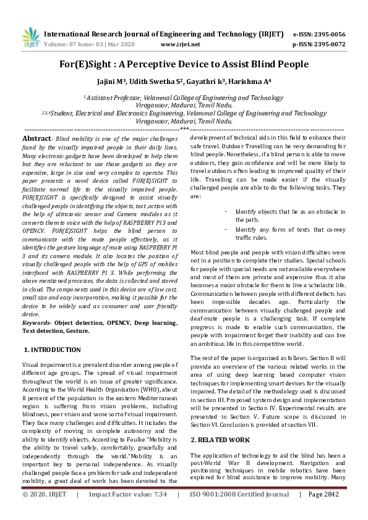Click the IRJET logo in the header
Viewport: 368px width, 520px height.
pyautogui.click(x=28, y=38)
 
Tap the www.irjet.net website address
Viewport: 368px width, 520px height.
pyautogui.click(x=180, y=44)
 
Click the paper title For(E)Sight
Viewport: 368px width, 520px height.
pyautogui.click(x=184, y=64)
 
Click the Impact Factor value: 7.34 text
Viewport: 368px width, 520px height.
pyautogui.click(x=128, y=511)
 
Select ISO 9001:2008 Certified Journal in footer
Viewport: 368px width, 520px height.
pyautogui.click(x=241, y=511)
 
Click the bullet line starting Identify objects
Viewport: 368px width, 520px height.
pyautogui.click(x=285, y=216)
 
